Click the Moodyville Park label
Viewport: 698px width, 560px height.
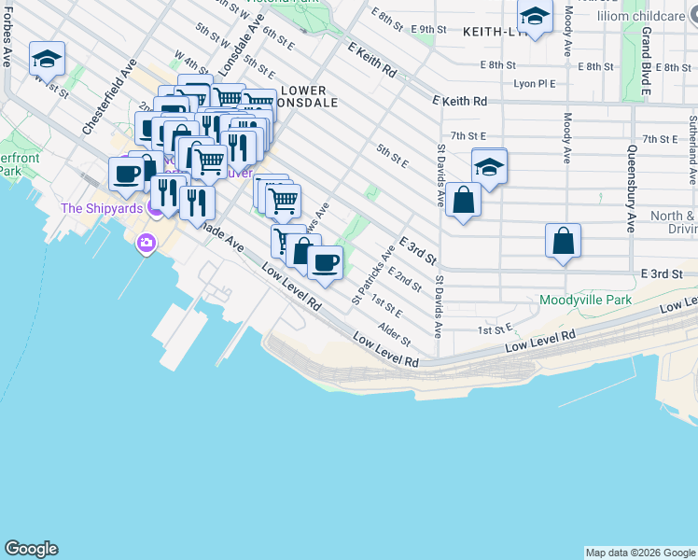(x=585, y=301)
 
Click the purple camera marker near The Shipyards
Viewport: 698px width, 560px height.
(x=146, y=245)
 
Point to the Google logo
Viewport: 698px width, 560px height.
(x=31, y=549)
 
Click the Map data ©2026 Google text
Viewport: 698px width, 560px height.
(x=640, y=553)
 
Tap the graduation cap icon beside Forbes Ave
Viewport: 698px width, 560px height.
(x=47, y=59)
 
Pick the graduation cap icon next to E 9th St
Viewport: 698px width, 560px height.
(x=535, y=17)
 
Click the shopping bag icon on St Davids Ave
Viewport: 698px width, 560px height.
(x=463, y=200)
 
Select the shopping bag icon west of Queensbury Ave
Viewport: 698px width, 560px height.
(x=564, y=241)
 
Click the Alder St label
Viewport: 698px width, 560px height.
(x=395, y=334)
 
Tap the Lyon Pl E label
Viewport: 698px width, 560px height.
(x=535, y=83)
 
